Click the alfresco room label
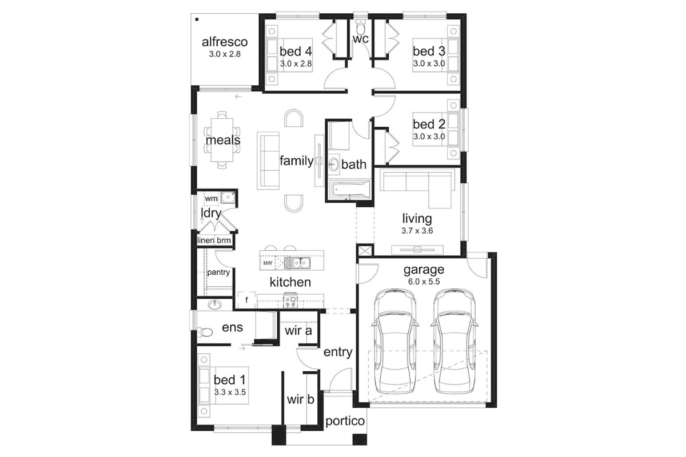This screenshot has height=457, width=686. tap(225, 42)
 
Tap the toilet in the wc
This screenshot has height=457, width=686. tap(361, 27)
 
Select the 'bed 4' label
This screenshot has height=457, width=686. tap(296, 51)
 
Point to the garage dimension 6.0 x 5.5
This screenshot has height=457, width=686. tap(424, 281)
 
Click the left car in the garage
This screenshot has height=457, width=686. tap(395, 342)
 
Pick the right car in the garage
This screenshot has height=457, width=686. tap(454, 342)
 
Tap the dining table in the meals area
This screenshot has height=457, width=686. tap(222, 140)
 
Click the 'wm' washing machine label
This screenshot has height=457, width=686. tap(211, 198)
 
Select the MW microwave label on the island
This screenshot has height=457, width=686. tap(268, 263)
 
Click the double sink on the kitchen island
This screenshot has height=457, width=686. tap(297, 263)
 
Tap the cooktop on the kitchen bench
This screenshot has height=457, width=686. tap(290, 300)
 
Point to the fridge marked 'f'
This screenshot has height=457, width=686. tap(246, 300)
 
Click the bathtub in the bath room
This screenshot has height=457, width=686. tap(350, 190)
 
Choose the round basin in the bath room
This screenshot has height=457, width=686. tap(333, 165)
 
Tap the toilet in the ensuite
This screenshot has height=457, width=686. tap(205, 332)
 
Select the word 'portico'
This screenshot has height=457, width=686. tap(345, 422)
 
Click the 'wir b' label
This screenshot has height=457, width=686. tap(301, 399)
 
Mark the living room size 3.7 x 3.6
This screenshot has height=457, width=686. tap(417, 230)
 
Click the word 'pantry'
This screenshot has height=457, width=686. tap(218, 272)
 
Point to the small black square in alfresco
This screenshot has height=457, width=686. tap(197, 19)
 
